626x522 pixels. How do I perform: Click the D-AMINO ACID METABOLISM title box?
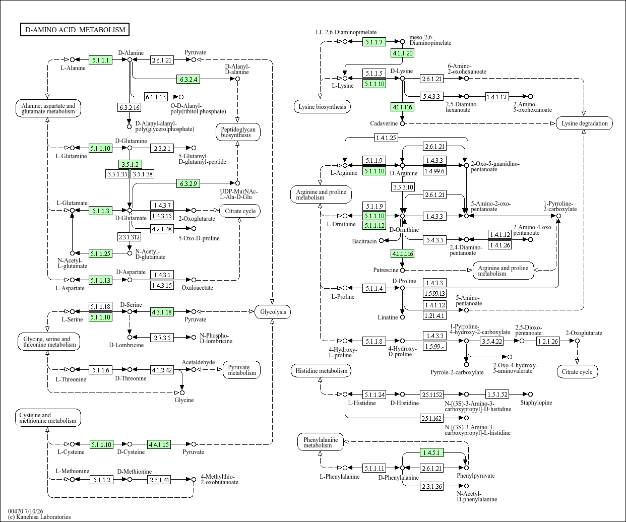(x=75, y=29)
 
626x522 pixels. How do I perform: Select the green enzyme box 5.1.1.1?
(x=100, y=60)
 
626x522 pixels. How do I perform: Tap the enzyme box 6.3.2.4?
(x=189, y=79)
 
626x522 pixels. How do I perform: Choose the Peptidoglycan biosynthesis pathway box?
(x=238, y=132)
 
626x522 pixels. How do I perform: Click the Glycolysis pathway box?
(x=273, y=312)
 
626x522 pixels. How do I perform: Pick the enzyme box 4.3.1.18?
(x=162, y=312)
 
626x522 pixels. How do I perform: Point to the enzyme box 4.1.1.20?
(x=403, y=53)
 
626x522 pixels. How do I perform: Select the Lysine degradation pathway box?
(x=584, y=123)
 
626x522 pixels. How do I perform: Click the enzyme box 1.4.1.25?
(x=386, y=138)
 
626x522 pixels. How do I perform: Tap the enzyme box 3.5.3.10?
(x=403, y=187)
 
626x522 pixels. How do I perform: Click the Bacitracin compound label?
(x=364, y=241)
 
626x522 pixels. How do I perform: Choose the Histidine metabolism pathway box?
(x=321, y=371)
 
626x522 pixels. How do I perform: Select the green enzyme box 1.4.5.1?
(x=431, y=452)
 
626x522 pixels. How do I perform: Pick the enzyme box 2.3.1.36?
(x=432, y=486)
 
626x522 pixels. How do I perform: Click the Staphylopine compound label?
(x=536, y=403)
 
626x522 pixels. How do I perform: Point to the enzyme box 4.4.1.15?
(x=159, y=444)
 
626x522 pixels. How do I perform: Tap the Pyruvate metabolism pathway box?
(x=241, y=370)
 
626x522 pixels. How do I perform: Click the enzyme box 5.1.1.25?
(x=100, y=253)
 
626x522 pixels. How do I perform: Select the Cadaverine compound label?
(x=384, y=123)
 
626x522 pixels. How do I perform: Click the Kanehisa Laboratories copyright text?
(x=39, y=517)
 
